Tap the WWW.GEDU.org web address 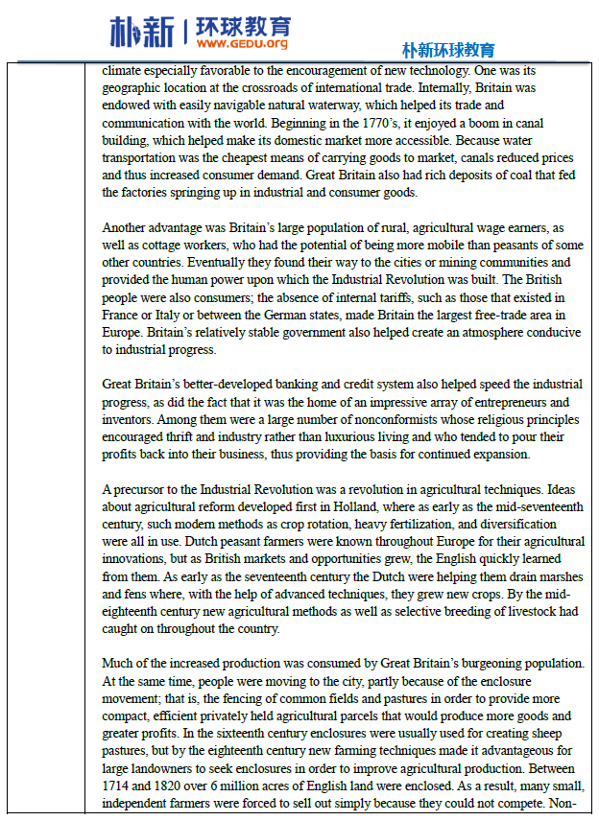coord(244,44)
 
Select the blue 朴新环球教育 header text coord(448,50)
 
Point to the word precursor coord(141,489)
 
